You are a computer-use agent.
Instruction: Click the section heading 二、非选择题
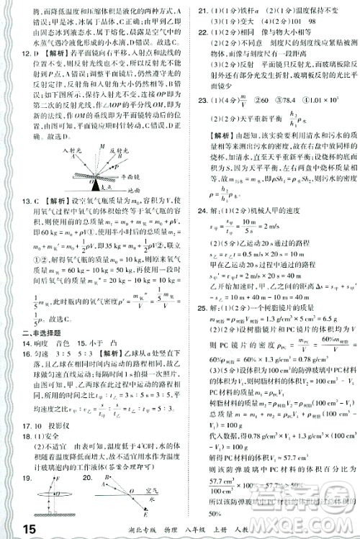click(x=42, y=334)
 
